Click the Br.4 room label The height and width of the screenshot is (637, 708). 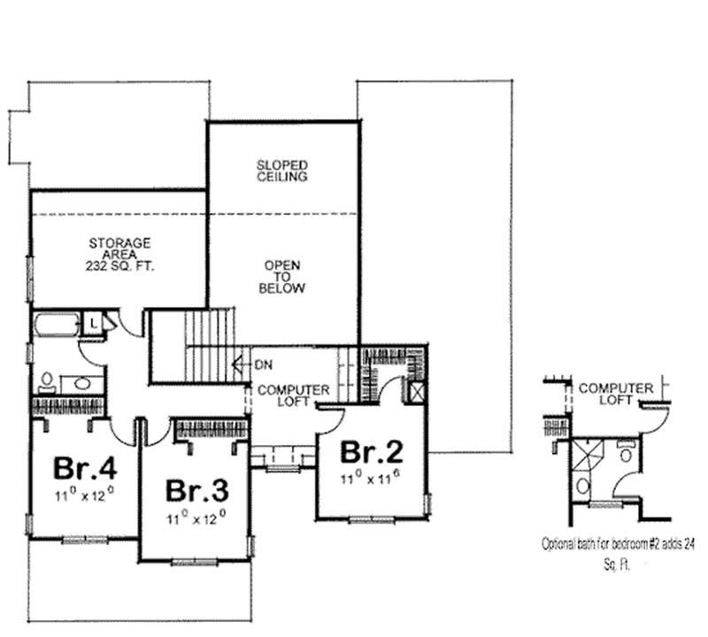85,467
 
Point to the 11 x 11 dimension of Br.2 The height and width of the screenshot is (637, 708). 373,478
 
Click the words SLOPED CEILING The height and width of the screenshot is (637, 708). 282,171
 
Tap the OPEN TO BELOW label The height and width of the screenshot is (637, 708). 282,277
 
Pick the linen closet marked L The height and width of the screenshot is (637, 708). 93,324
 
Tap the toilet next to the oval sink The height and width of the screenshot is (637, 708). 47,382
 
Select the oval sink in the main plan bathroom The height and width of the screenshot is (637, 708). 82,384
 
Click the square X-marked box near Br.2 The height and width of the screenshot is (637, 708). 414,391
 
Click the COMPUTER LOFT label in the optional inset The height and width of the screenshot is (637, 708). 615,394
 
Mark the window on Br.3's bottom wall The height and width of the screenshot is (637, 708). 195,563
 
